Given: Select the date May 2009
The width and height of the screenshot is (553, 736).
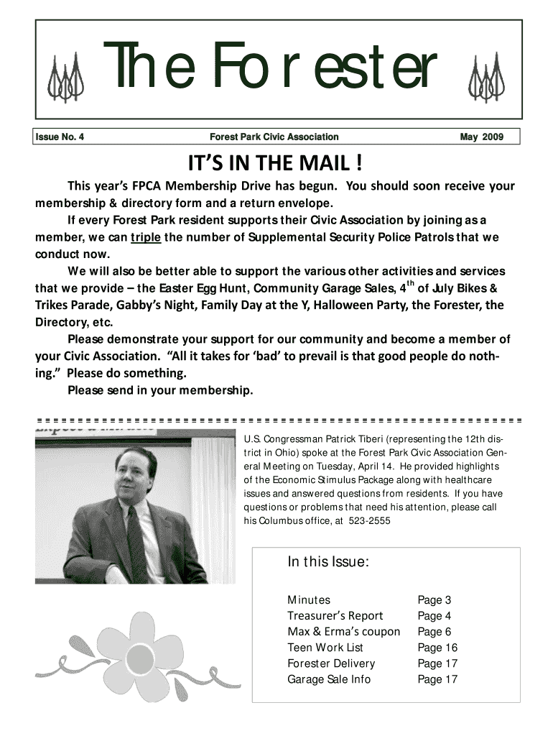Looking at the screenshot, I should (x=482, y=137).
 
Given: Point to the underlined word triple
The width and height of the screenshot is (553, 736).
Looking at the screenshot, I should (x=146, y=237).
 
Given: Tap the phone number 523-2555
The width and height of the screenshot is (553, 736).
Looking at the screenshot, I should (x=369, y=520).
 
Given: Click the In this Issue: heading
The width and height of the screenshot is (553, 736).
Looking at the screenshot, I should (x=328, y=562).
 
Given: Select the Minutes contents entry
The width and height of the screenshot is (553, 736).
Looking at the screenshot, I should (x=309, y=599).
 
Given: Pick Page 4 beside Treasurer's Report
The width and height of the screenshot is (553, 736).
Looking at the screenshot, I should (x=434, y=615).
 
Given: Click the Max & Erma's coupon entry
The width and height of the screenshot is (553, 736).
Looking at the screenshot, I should (x=343, y=631).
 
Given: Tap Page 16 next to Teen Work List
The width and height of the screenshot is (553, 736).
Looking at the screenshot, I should (x=437, y=647).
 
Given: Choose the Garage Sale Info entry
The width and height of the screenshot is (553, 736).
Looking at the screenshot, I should (x=329, y=678).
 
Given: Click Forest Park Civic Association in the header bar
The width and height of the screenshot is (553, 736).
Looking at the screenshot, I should (x=274, y=137).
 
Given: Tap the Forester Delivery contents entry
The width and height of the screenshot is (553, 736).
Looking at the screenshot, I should (x=331, y=663).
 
